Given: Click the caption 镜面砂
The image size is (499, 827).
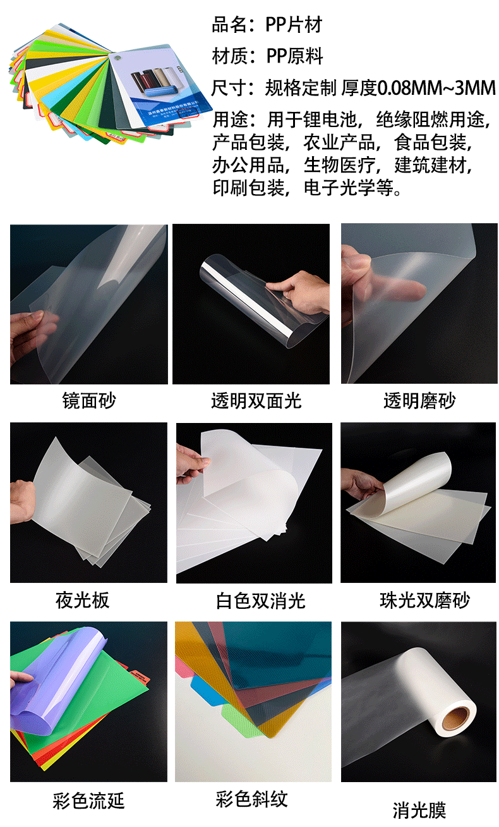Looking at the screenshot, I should (89, 400).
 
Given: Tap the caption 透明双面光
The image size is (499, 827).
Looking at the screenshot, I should (256, 400).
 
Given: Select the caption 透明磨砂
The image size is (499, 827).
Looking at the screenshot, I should (419, 400).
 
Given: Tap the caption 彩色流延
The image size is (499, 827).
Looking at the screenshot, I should (88, 801).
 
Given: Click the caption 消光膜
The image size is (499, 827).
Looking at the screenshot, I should (419, 810).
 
